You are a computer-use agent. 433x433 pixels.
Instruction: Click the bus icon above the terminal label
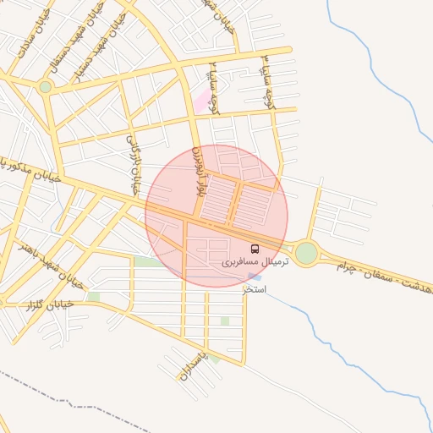pos(255,249)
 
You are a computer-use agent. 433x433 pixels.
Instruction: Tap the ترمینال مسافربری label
pos(255,262)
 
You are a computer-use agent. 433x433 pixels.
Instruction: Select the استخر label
pos(255,289)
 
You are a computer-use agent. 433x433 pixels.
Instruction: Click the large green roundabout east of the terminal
pos(306,252)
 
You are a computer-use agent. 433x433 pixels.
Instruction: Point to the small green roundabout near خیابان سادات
pos(46,85)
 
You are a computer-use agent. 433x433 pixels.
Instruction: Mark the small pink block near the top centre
pos(202,104)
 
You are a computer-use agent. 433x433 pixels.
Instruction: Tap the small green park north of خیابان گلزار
pos(93,297)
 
